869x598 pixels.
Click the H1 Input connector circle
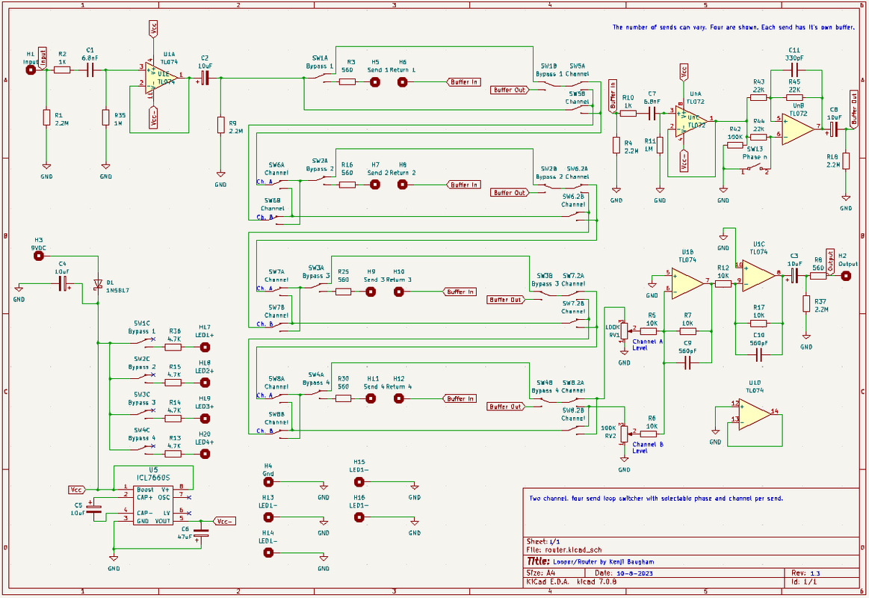coord(31,70)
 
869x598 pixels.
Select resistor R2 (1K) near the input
coord(62,70)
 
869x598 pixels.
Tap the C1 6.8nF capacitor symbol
coord(90,70)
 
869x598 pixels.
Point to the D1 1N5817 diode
coord(97,284)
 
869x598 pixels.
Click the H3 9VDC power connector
coord(39,256)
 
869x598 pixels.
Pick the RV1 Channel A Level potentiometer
coord(624,329)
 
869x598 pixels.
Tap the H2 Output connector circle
coord(846,275)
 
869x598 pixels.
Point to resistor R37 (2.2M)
coord(806,303)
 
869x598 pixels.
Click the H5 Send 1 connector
coord(375,82)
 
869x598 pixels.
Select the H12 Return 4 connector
coord(400,399)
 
